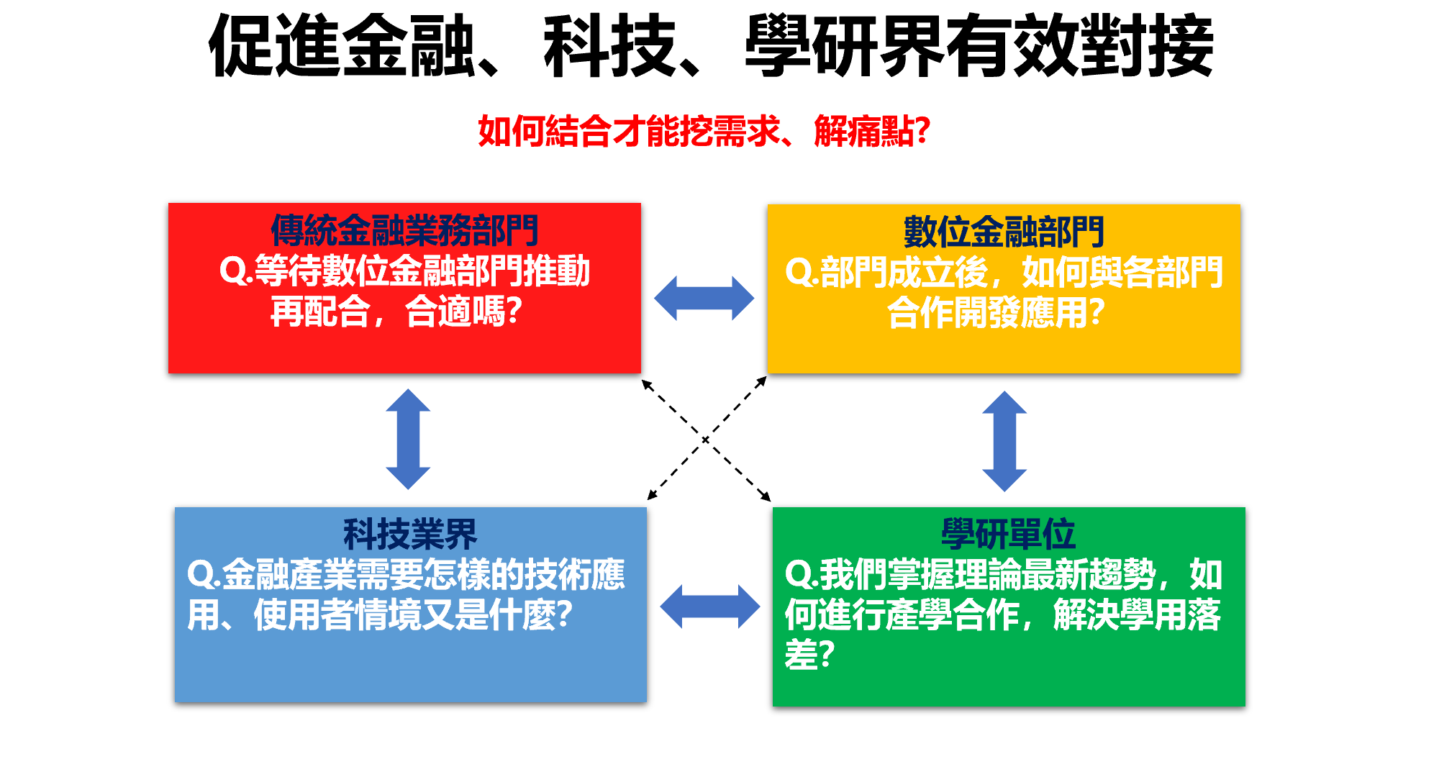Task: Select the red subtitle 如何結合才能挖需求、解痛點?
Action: (x=704, y=132)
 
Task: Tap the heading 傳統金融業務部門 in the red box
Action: (x=404, y=231)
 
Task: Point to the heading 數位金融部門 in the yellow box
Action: (x=1004, y=232)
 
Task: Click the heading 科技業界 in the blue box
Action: (x=410, y=535)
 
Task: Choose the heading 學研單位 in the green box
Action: (x=1008, y=535)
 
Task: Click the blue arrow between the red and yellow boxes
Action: (x=704, y=298)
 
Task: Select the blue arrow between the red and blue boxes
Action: (x=408, y=439)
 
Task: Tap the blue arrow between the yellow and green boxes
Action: (x=1004, y=440)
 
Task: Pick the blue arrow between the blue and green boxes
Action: (x=709, y=606)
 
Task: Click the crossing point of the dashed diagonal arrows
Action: (x=705, y=439)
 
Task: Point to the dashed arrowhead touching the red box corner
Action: (x=646, y=383)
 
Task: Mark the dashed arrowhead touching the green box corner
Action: (x=766, y=497)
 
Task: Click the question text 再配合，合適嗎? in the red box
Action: (x=396, y=312)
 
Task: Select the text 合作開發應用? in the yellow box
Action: (x=996, y=313)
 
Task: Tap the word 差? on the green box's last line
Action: (x=809, y=655)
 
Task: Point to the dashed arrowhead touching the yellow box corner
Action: (x=763, y=380)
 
